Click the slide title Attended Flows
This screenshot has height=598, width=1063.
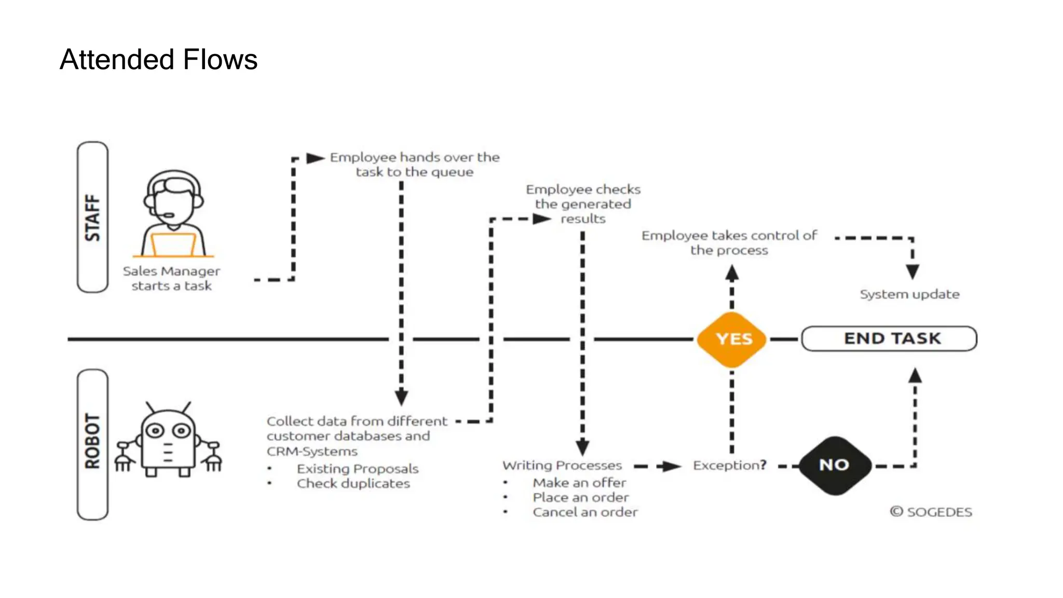tap(158, 59)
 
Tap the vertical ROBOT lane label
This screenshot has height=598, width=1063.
tap(92, 441)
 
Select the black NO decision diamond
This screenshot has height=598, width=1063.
tap(834, 465)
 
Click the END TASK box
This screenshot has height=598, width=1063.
tap(890, 338)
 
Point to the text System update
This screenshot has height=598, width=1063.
tap(909, 294)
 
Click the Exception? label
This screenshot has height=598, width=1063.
tap(729, 465)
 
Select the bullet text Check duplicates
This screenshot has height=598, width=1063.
tap(353, 483)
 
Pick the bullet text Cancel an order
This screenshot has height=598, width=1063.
tap(585, 512)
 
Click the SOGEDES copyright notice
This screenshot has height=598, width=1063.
tap(931, 512)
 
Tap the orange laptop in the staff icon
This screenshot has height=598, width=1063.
tap(173, 244)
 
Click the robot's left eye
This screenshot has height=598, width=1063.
tap(155, 431)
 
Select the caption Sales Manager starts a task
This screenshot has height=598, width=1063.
tap(171, 278)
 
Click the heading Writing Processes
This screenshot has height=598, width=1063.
tap(562, 465)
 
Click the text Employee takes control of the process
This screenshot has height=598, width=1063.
tap(729, 242)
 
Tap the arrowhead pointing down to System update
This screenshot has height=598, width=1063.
tap(912, 271)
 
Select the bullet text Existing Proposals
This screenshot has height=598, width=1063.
tap(357, 469)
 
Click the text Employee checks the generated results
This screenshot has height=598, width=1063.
tap(583, 203)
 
